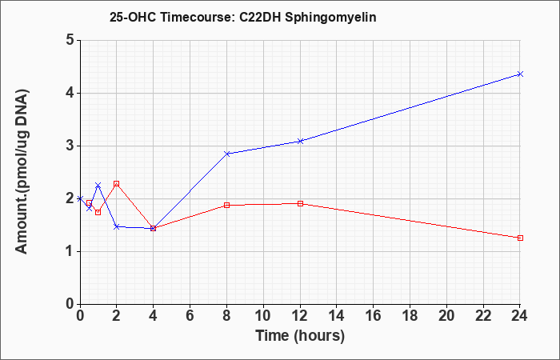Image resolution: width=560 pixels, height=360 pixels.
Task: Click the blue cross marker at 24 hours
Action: pos(520,74)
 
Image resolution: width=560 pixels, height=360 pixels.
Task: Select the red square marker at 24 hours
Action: pos(520,238)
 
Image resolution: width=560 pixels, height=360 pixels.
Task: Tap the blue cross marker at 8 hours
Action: pos(226,154)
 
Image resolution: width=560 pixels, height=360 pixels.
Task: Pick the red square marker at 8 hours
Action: pos(226,205)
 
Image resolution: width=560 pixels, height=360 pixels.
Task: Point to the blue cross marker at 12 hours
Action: pos(300,141)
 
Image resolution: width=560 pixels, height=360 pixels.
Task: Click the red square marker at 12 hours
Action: pos(300,203)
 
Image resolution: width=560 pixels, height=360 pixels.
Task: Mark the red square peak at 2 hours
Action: pos(117,183)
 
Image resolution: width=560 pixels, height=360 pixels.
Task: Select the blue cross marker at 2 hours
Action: pos(117,226)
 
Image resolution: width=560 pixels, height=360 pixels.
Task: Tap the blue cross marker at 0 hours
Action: pos(80,198)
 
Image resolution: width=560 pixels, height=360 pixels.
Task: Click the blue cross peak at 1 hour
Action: pos(98,185)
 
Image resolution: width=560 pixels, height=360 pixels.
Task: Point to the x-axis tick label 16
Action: pos(374,316)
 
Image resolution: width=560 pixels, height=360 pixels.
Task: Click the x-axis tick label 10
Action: pos(263,316)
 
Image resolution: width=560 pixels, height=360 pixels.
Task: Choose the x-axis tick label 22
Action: pos(483,316)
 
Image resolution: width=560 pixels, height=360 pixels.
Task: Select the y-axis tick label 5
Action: pos(70,40)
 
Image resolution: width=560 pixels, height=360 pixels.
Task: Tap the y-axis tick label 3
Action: pos(70,146)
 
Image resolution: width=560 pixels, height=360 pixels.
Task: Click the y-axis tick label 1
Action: pos(70,251)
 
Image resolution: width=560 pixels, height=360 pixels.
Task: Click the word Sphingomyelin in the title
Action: pos(330,18)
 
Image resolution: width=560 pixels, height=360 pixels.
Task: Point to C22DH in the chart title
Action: pos(260,17)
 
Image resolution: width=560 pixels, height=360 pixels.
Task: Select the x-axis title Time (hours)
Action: pos(300,337)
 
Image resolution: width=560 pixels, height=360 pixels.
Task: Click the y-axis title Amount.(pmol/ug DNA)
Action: pos(22,172)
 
